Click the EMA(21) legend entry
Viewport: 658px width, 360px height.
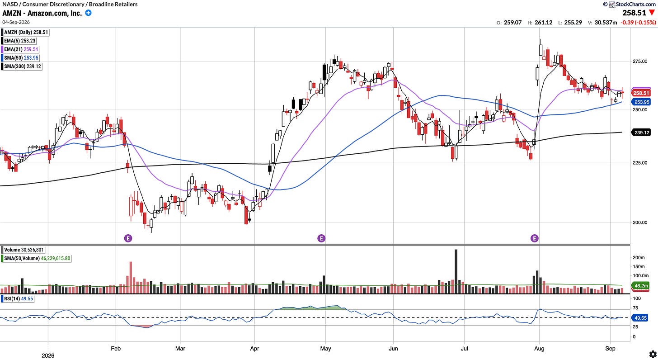point(21,49)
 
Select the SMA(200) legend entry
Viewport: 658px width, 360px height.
point(22,66)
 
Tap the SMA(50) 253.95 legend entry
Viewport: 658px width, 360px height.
point(21,58)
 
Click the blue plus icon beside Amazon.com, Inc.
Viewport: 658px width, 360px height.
point(88,13)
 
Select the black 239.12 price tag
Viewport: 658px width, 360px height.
point(641,133)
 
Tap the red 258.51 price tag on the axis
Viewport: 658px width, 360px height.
point(641,93)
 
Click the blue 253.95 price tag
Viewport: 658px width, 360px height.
point(641,102)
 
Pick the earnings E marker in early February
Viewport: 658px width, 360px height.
point(128,238)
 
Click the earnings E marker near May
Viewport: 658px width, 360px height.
point(321,238)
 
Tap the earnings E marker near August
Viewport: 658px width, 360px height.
point(534,238)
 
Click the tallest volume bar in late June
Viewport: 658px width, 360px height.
point(456,271)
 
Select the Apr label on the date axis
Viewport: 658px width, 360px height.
point(254,349)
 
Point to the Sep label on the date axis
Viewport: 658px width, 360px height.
point(610,349)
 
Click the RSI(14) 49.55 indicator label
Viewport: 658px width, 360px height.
point(18,299)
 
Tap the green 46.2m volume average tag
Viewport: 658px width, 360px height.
point(640,286)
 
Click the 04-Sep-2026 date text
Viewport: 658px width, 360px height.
point(16,22)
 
